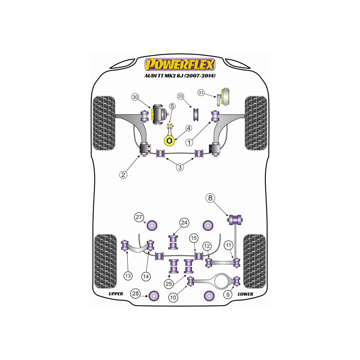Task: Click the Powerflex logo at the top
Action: (x=180, y=64)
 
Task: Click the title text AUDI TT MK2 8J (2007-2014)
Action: (x=180, y=76)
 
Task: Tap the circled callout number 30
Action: (x=135, y=97)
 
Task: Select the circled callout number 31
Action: (x=201, y=93)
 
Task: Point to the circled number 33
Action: (x=181, y=96)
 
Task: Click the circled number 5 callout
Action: (x=172, y=106)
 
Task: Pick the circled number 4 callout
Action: (x=189, y=128)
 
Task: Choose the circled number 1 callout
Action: (x=189, y=143)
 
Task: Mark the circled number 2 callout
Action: (x=123, y=175)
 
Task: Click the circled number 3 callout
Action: (x=180, y=167)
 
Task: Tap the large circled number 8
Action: (x=210, y=198)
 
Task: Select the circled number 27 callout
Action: (x=139, y=217)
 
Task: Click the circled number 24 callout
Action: (x=184, y=223)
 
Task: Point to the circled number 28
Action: (x=135, y=293)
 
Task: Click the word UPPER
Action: (x=116, y=294)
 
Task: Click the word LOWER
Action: (x=245, y=294)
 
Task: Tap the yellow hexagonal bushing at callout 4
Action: (x=169, y=140)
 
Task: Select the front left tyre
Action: (x=104, y=123)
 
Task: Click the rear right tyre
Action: (x=254, y=261)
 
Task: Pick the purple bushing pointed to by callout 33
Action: (x=196, y=114)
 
